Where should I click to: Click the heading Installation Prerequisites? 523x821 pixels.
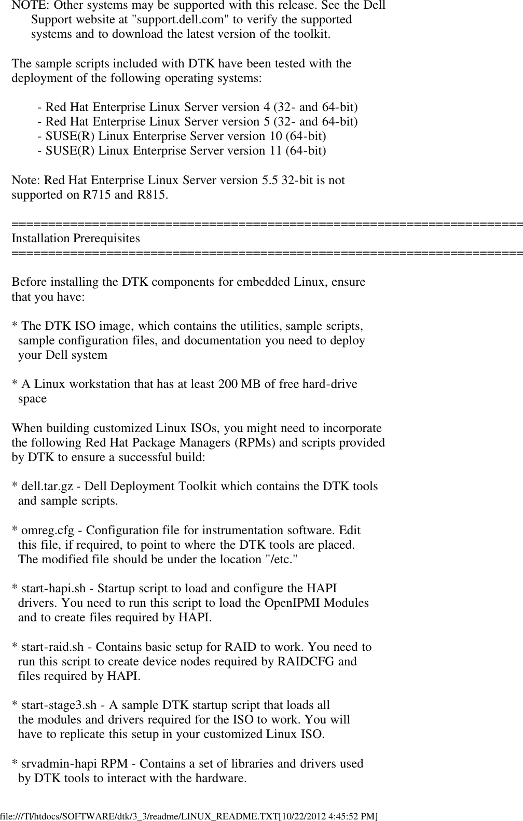point(76,239)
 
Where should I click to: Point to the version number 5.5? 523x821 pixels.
point(265,180)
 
